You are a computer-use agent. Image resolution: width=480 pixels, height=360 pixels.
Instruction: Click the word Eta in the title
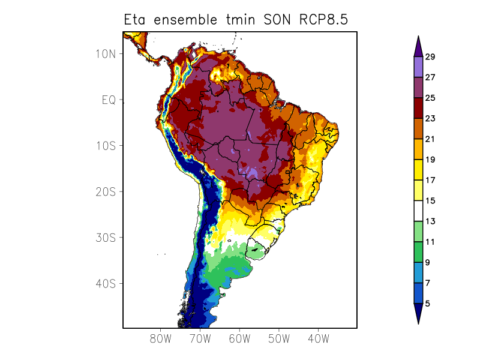[x=136, y=19]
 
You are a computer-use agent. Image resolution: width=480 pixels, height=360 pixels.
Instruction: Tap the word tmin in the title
[x=244, y=19]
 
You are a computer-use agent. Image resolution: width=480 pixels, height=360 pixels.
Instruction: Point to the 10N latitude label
[x=105, y=54]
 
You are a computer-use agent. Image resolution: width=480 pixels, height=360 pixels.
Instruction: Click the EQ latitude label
[x=108, y=100]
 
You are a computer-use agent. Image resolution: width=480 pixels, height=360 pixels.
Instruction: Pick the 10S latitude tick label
[x=105, y=146]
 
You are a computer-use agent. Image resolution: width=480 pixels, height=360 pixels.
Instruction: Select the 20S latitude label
[x=105, y=191]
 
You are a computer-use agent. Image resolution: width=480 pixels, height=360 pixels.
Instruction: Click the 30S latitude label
[x=105, y=238]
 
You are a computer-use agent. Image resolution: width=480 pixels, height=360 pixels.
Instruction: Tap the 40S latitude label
[x=105, y=283]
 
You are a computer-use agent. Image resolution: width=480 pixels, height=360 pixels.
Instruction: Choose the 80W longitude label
[x=161, y=338]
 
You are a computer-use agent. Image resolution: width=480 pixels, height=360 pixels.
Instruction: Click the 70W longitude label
[x=200, y=338]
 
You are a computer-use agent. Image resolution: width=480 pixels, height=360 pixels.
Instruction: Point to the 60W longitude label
[x=239, y=338]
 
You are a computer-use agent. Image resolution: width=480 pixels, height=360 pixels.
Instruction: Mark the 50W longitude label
[x=279, y=338]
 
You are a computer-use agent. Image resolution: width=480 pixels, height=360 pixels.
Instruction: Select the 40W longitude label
[x=318, y=338]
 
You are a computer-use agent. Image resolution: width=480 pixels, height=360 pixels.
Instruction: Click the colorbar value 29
[x=430, y=57]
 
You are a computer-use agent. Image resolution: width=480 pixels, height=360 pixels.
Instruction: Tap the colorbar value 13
[x=430, y=221]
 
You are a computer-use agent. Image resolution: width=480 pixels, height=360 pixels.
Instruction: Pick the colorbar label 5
[x=427, y=304]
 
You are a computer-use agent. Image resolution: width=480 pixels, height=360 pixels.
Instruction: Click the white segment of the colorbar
[x=418, y=211]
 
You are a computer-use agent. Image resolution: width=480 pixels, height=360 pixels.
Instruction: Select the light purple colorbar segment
[x=418, y=67]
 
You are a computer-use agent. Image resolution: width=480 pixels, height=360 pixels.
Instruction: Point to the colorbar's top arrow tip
[x=418, y=37]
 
